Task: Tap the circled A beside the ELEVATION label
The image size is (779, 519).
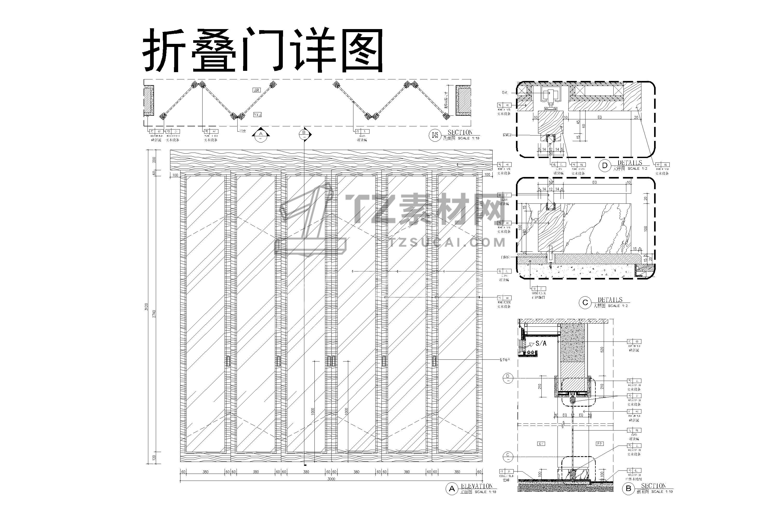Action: point(452,489)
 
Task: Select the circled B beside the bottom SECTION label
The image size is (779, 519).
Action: point(628,489)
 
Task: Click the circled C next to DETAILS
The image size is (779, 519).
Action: point(585,303)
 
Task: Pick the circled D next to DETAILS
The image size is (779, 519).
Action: point(605,166)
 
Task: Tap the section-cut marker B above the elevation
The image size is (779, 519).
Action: point(304,134)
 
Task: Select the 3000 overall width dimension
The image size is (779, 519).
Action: point(331,479)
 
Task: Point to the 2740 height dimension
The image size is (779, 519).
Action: point(154,314)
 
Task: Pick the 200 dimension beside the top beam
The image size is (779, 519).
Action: point(154,160)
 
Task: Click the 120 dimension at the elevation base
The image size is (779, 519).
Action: point(154,458)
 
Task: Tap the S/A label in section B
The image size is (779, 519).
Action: point(541,344)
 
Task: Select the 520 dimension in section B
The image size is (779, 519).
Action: point(602,349)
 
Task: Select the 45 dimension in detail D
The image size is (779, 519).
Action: point(578,122)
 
